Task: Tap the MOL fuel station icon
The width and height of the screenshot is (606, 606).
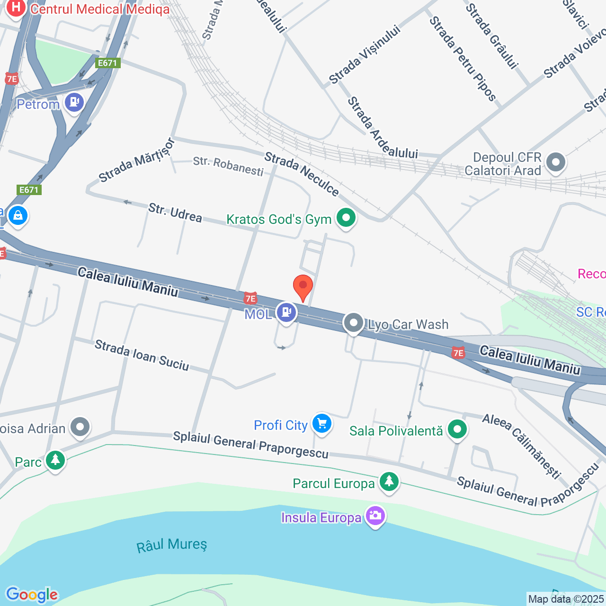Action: click(x=286, y=312)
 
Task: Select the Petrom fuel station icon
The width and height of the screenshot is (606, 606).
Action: click(x=74, y=102)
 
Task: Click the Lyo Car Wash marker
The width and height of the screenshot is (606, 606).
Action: click(x=353, y=323)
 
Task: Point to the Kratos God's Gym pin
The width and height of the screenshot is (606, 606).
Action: click(x=346, y=218)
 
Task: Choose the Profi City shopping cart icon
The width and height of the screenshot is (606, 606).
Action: click(x=322, y=423)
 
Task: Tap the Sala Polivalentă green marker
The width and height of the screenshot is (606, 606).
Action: click(x=457, y=429)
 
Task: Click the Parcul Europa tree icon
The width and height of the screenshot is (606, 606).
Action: click(x=389, y=481)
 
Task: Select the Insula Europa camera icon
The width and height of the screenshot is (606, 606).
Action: click(x=375, y=516)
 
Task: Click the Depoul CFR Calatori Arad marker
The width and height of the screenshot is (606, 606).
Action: click(x=556, y=162)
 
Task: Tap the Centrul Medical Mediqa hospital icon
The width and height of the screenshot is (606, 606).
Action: click(x=16, y=8)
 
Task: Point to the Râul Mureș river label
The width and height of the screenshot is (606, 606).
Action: click(x=172, y=545)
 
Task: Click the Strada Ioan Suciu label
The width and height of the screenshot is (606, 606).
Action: click(x=142, y=355)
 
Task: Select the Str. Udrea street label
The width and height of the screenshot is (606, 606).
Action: click(x=175, y=213)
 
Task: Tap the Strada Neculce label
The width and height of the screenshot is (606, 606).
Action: click(x=302, y=174)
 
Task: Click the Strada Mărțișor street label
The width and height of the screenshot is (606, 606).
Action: click(x=136, y=160)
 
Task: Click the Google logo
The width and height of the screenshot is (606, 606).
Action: click(x=32, y=595)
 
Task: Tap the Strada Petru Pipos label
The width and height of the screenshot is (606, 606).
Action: click(x=462, y=59)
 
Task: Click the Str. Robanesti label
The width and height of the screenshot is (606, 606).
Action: click(x=228, y=166)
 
